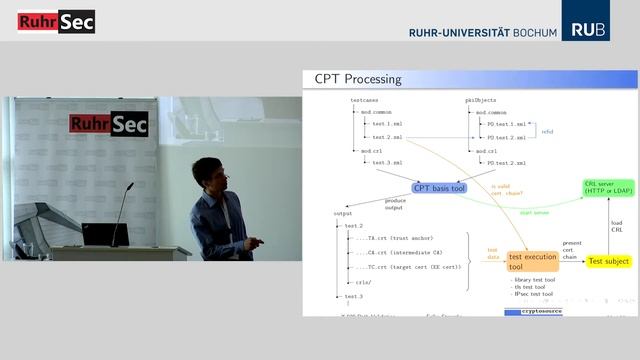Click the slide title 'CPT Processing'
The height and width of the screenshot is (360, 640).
358,79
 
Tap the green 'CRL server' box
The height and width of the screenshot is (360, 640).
609,188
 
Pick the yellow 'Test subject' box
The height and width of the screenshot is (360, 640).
609,261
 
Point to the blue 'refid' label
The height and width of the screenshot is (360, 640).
547,131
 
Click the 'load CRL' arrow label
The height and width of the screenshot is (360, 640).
617,226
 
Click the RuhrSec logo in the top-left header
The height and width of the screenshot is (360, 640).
56,21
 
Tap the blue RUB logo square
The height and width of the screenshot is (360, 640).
588,20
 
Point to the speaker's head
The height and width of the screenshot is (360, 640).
207,173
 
